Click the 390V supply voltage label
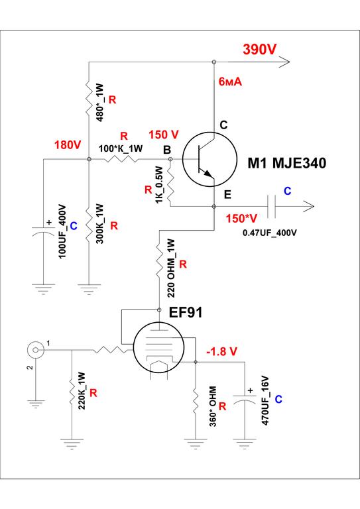tap(260, 49)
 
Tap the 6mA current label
tap(230, 82)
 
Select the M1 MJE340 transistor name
tap(287, 163)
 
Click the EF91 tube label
tap(186, 312)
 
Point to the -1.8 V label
tap(222, 351)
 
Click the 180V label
tap(68, 144)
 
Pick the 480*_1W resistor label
tap(100, 103)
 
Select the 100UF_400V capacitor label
tap(62, 231)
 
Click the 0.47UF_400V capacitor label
tap(269, 233)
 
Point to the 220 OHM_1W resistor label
tap(171, 268)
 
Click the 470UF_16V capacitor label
tap(265, 400)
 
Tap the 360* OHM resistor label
tap(213, 406)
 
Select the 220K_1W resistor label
tap(82, 390)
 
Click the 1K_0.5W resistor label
tap(158, 185)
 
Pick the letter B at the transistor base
tap(167, 150)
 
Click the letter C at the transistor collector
tap(223, 125)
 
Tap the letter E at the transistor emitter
tap(227, 194)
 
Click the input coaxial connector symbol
tap(35, 350)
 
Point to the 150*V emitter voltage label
tap(241, 219)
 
